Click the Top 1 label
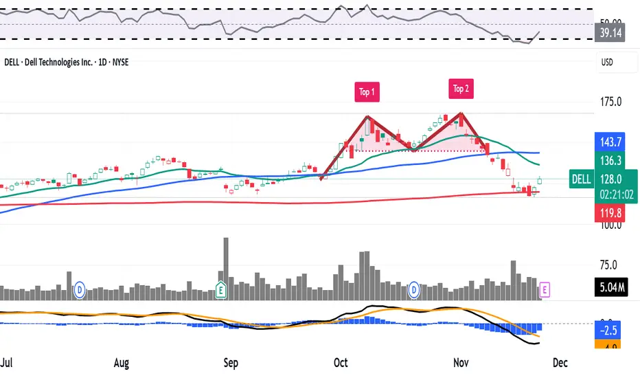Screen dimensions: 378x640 [367, 92]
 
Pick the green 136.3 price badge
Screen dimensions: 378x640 [609, 160]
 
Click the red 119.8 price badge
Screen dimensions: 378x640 [609, 213]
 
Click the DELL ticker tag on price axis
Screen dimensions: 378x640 [580, 179]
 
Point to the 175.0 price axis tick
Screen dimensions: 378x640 [610, 102]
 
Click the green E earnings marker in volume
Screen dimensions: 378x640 [221, 290]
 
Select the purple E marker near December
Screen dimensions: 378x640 [545, 290]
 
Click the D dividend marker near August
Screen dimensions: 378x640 [80, 290]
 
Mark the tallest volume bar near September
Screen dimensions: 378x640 [226, 268]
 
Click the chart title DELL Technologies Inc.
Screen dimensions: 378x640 [65, 62]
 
